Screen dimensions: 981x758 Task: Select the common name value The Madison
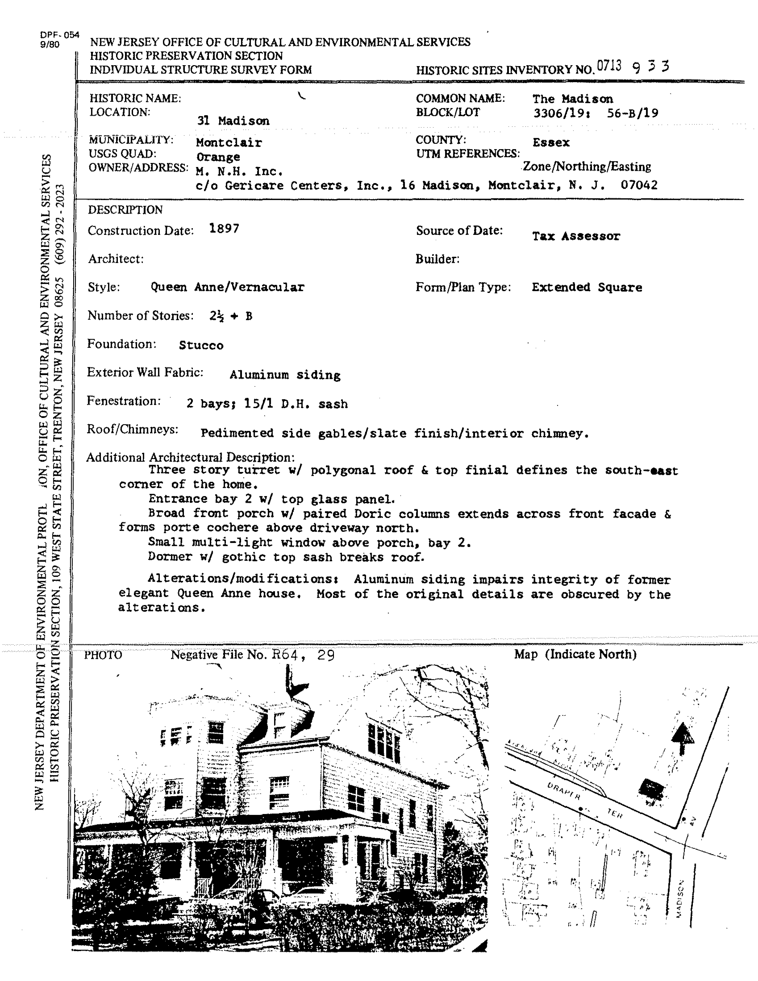[x=573, y=99]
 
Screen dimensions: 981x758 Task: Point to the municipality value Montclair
[x=229, y=143]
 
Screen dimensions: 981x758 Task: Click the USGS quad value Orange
[x=218, y=157]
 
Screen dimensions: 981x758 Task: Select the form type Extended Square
[x=587, y=288]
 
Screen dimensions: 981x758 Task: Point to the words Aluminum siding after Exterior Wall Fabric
[x=285, y=375]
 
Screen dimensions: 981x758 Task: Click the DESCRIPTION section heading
[x=125, y=210]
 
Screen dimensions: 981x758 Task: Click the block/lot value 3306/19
[x=560, y=113]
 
